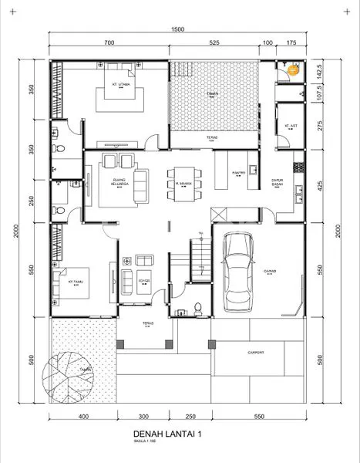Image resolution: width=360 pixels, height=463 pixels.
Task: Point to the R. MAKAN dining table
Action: (183, 184)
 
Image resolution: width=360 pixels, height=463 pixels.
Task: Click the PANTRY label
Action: (240, 174)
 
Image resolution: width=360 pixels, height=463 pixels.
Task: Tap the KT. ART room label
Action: (291, 125)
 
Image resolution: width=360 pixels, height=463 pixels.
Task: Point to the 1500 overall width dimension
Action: (178, 29)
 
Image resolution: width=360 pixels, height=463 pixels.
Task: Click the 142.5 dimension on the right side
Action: (318, 69)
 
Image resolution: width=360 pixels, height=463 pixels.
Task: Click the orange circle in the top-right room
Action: (293, 70)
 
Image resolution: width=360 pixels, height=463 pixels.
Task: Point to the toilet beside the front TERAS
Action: (198, 309)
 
